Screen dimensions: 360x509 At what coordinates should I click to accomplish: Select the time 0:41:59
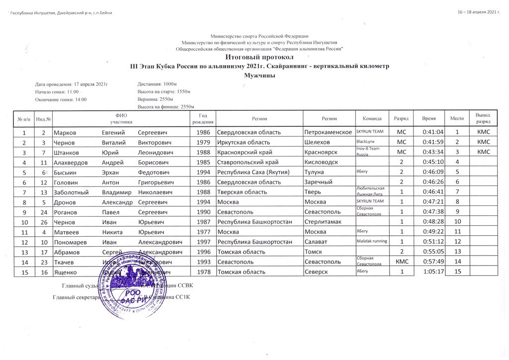(432, 142)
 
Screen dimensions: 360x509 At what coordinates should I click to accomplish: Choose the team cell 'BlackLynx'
(366, 142)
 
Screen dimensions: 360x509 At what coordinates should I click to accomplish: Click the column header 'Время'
(429, 118)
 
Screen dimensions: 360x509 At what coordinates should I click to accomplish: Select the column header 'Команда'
(372, 118)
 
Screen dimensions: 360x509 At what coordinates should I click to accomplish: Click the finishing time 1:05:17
(432, 271)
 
